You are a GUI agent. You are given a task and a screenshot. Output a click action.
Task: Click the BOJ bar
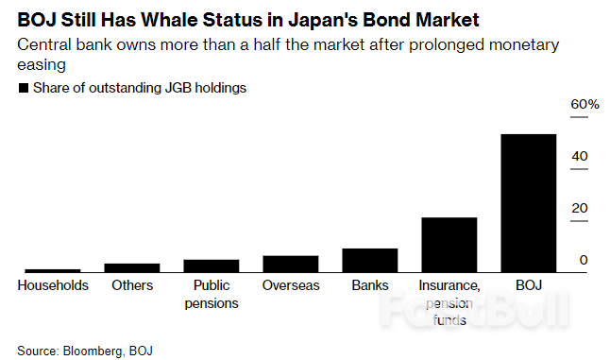(528, 203)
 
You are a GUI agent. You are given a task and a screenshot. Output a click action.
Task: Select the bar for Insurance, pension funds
(449, 245)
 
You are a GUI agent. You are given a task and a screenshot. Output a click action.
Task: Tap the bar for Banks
(369, 261)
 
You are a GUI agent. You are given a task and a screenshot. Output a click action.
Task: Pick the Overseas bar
(290, 264)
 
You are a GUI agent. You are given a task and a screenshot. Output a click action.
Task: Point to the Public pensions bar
(211, 266)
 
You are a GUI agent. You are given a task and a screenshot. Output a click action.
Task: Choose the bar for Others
(131, 267)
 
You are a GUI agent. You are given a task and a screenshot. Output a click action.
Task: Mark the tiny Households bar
(52, 271)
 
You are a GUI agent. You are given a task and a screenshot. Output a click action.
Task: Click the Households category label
(52, 285)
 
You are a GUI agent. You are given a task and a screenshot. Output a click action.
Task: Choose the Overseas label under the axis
(290, 285)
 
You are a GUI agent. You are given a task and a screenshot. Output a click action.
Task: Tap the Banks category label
(369, 285)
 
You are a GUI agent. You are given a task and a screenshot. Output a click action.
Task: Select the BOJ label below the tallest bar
(528, 285)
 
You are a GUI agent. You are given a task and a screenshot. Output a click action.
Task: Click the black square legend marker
(23, 88)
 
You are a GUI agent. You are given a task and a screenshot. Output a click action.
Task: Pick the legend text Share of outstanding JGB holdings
(139, 88)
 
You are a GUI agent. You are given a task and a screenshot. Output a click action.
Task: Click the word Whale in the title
(173, 18)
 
